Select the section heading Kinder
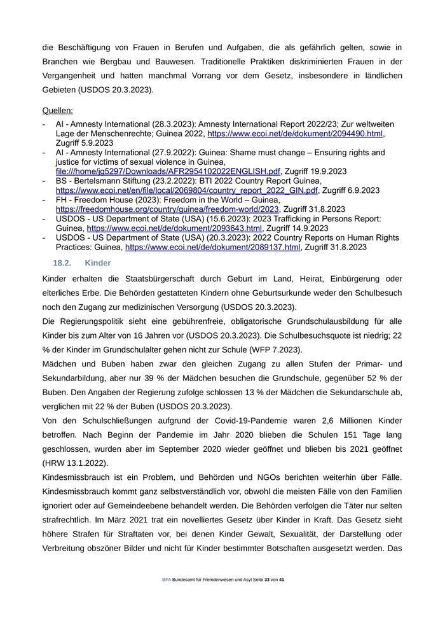tap(97, 263)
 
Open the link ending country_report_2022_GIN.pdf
tap(186, 190)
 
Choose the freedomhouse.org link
tap(167, 209)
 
